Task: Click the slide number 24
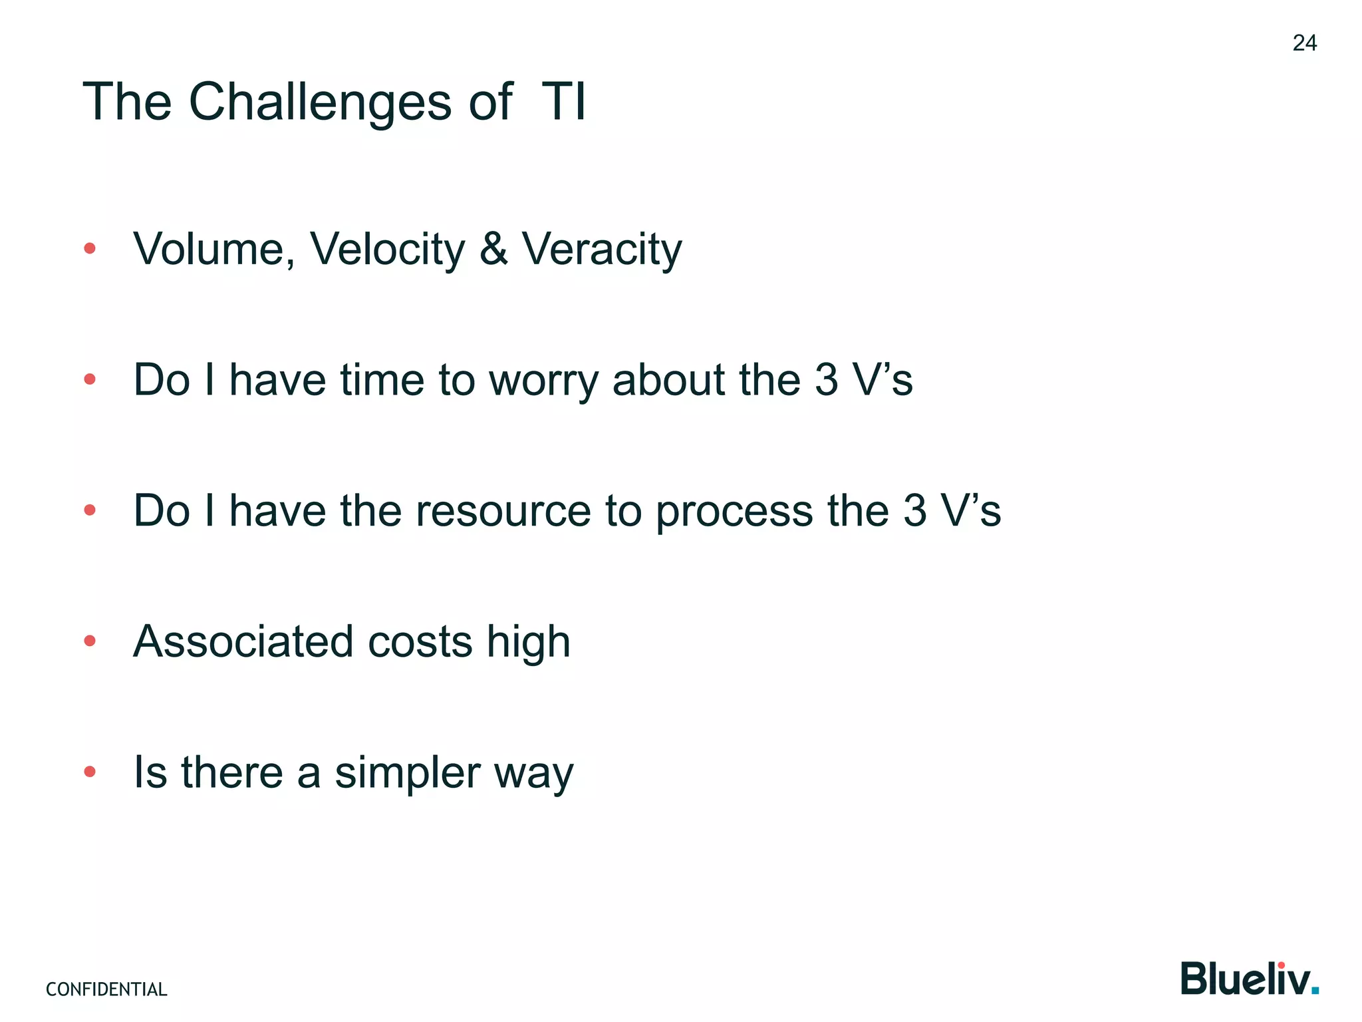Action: pos(1304,43)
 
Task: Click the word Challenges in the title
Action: pos(320,103)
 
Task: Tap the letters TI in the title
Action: pos(563,102)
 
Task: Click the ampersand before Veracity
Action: pos(493,249)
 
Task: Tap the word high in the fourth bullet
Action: pos(528,643)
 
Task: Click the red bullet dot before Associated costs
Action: pos(90,641)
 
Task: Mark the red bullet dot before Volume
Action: pos(90,249)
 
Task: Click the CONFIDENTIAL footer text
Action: pos(106,989)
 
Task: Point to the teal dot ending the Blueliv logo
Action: pos(1315,991)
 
